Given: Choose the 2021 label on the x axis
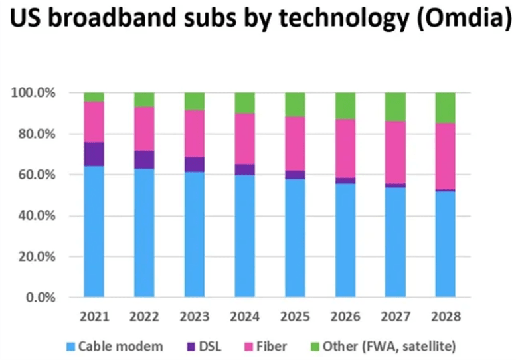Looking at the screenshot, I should click(94, 316).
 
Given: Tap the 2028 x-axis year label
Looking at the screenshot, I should click(445, 316).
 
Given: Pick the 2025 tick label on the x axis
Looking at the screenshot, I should click(295, 316).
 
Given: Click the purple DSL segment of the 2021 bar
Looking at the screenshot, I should click(94, 154).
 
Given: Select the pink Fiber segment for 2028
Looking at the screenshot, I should click(445, 156).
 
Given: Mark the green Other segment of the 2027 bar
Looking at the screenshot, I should click(395, 107).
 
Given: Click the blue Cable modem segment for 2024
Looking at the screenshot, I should click(244, 236).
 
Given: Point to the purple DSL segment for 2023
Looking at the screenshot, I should click(195, 165).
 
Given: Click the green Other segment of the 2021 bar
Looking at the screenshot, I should click(94, 97).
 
